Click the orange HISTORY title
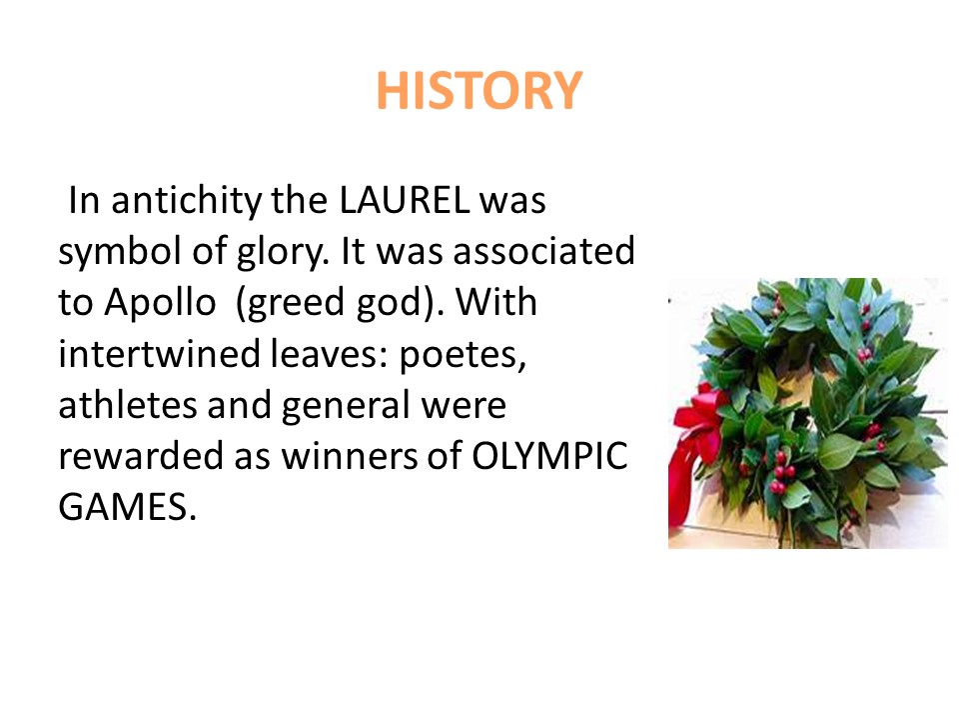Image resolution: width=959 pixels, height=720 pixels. tap(479, 92)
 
